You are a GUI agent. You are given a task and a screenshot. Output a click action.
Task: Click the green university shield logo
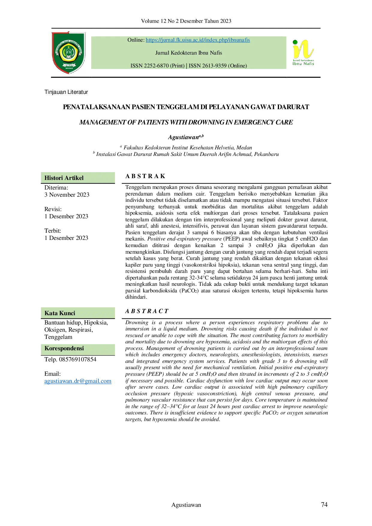click(x=69, y=51)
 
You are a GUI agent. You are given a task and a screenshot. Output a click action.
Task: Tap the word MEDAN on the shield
click(x=69, y=68)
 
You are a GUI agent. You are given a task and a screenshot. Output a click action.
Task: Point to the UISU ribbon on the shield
click(x=69, y=64)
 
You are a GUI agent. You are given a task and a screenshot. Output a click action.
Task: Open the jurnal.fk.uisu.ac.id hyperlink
click(x=198, y=40)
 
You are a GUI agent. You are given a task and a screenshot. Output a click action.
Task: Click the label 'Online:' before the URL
click(x=136, y=40)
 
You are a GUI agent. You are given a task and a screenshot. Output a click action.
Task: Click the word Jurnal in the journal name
click(x=162, y=53)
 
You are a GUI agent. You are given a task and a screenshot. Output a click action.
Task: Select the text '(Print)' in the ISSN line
click(x=177, y=66)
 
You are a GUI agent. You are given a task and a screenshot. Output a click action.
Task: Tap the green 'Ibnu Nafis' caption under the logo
click(x=303, y=64)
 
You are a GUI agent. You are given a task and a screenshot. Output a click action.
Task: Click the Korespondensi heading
click(x=64, y=348)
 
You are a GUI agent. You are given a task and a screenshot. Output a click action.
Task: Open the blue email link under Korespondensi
click(x=78, y=382)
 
